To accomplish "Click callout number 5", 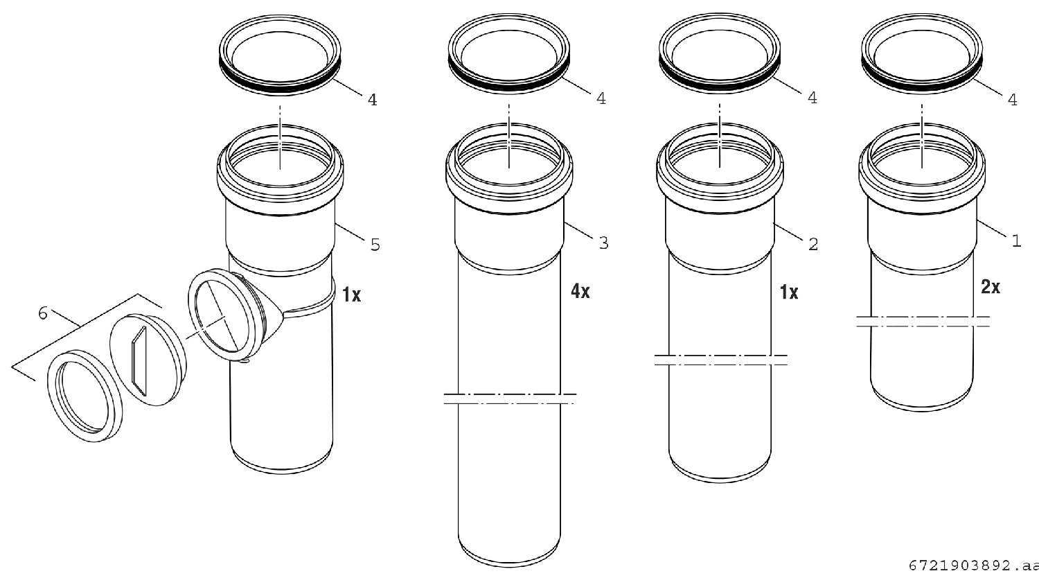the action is (375, 245).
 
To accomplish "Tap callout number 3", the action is (603, 243).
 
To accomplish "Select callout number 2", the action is (813, 244).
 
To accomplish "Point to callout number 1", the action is (1016, 240).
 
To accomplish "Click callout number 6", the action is (43, 313).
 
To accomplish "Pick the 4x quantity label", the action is (580, 291).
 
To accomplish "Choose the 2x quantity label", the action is (991, 287).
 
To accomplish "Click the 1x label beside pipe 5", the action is (352, 295).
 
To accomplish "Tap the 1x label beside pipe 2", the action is (789, 292).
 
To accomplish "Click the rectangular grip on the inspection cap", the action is (139, 361).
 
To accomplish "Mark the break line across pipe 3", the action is (510, 399).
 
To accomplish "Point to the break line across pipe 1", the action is (923, 322).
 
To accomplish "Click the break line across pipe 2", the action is (721, 360).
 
